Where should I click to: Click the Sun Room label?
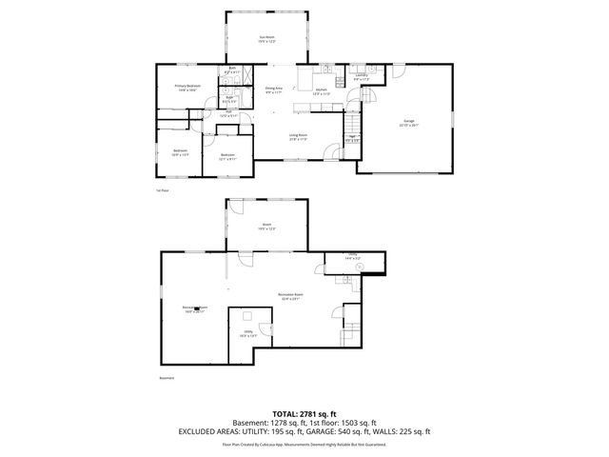coord(266,38)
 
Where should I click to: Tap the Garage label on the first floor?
coord(409,122)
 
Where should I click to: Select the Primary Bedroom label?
coord(187,88)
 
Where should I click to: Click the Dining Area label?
coord(274,89)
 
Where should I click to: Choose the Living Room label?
coord(298,136)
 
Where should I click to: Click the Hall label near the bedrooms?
coord(225,115)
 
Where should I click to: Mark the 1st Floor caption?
coord(162,190)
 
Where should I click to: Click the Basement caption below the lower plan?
coord(167,378)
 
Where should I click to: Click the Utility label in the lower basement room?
coord(247,333)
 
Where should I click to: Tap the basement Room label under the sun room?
coord(266,227)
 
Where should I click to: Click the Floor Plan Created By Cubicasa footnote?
coord(304,444)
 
